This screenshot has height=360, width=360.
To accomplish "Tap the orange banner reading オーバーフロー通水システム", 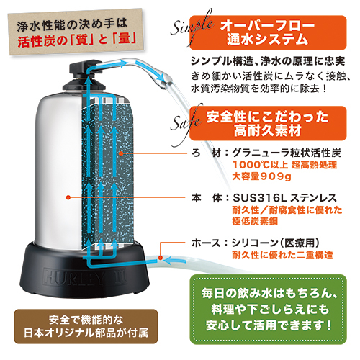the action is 268,32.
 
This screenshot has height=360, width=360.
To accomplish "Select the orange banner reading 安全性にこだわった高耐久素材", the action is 268,123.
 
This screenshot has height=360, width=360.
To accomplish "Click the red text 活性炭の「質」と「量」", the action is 77,40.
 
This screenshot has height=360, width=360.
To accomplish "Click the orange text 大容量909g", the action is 261,176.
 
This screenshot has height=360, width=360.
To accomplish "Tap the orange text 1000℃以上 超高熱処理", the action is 285,165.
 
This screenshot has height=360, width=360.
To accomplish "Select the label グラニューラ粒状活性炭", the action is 287,153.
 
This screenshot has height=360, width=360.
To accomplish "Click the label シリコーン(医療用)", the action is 275,243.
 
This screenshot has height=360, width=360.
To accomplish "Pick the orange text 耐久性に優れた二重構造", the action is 282,255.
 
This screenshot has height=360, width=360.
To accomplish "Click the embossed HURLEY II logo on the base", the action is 85,276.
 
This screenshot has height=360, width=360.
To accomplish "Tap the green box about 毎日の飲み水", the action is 268,310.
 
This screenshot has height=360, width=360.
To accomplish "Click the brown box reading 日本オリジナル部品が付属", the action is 86,326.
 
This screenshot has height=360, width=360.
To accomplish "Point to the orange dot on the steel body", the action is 68,197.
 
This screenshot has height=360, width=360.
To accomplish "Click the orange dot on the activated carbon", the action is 122,153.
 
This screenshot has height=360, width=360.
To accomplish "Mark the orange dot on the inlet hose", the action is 161,258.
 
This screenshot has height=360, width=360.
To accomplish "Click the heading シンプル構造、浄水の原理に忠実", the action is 268,61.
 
